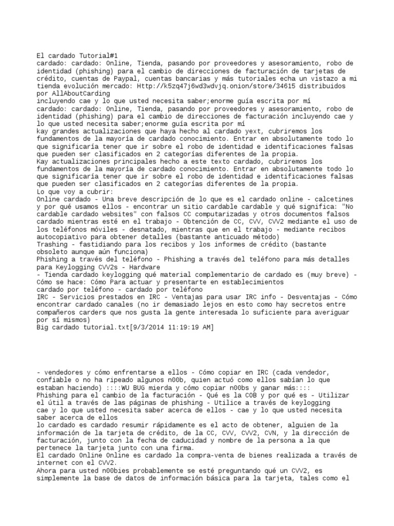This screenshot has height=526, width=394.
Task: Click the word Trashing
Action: pyautogui.click(x=53, y=245)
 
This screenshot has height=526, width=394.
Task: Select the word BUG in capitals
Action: pyautogui.click(x=132, y=387)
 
